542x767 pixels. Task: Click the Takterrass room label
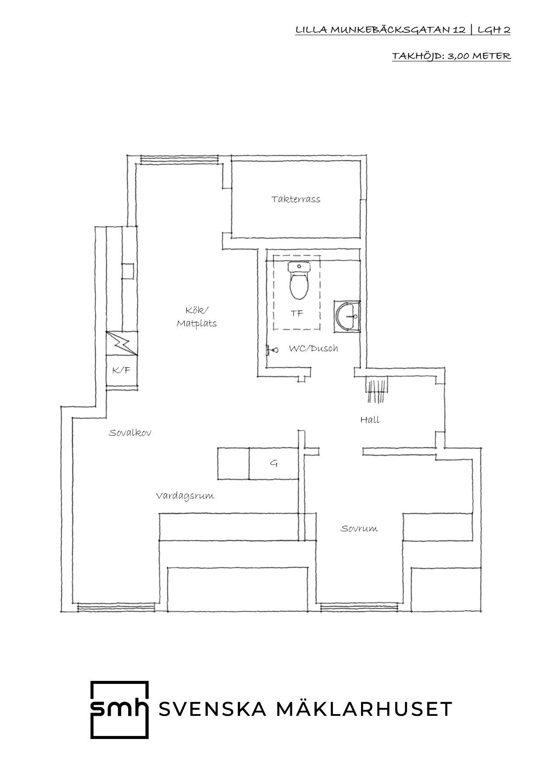(295, 199)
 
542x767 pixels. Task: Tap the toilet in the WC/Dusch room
(299, 280)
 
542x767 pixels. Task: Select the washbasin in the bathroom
(347, 314)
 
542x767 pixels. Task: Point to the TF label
(297, 314)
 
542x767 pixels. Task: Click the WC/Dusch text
(313, 349)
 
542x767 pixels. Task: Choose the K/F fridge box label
(121, 370)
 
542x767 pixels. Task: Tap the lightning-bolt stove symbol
(122, 344)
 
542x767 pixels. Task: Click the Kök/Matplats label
(197, 317)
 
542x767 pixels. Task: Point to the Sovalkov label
(130, 433)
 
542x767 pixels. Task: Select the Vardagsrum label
(185, 496)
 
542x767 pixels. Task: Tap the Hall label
(370, 420)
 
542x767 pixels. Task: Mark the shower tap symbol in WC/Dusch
(272, 350)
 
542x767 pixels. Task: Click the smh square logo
(119, 709)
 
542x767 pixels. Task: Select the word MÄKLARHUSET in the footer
(365, 709)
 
